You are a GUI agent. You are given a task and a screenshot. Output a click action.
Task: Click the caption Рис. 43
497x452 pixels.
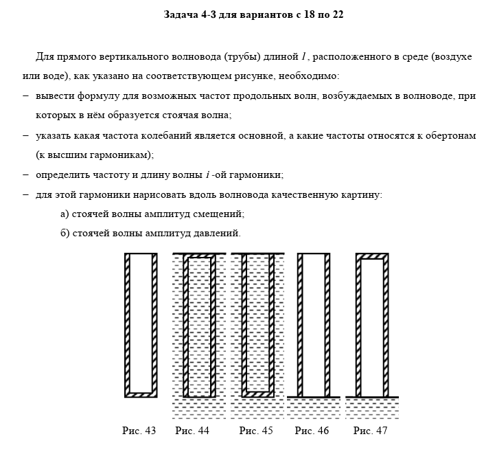139,431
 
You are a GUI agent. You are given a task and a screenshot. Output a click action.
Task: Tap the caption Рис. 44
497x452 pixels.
192,431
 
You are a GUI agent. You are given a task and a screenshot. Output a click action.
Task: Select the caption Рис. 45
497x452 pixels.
256,431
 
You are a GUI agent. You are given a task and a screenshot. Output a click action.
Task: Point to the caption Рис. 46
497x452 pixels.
312,431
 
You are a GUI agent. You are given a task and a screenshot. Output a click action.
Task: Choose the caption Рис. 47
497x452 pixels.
371,431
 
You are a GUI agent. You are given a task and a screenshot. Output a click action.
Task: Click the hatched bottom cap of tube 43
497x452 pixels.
141,394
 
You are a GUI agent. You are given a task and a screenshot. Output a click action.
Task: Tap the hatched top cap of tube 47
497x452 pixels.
371,256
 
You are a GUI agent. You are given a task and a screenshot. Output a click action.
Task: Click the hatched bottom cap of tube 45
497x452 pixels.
259,394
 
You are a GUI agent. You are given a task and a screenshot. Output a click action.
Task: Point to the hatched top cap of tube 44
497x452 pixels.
200,256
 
